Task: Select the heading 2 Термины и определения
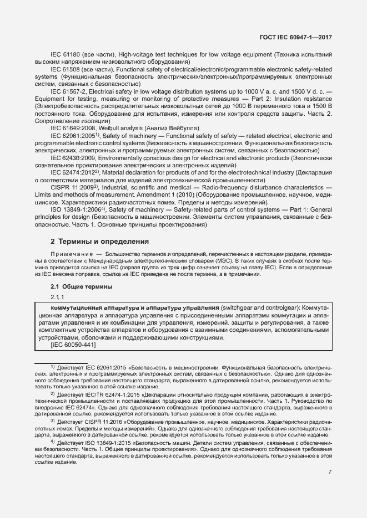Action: click(x=100, y=242)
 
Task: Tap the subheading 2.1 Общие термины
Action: click(x=82, y=286)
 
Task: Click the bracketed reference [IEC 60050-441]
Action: click(x=66, y=345)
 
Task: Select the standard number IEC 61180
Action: click(x=66, y=55)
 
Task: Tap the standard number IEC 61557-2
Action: click(x=69, y=91)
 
